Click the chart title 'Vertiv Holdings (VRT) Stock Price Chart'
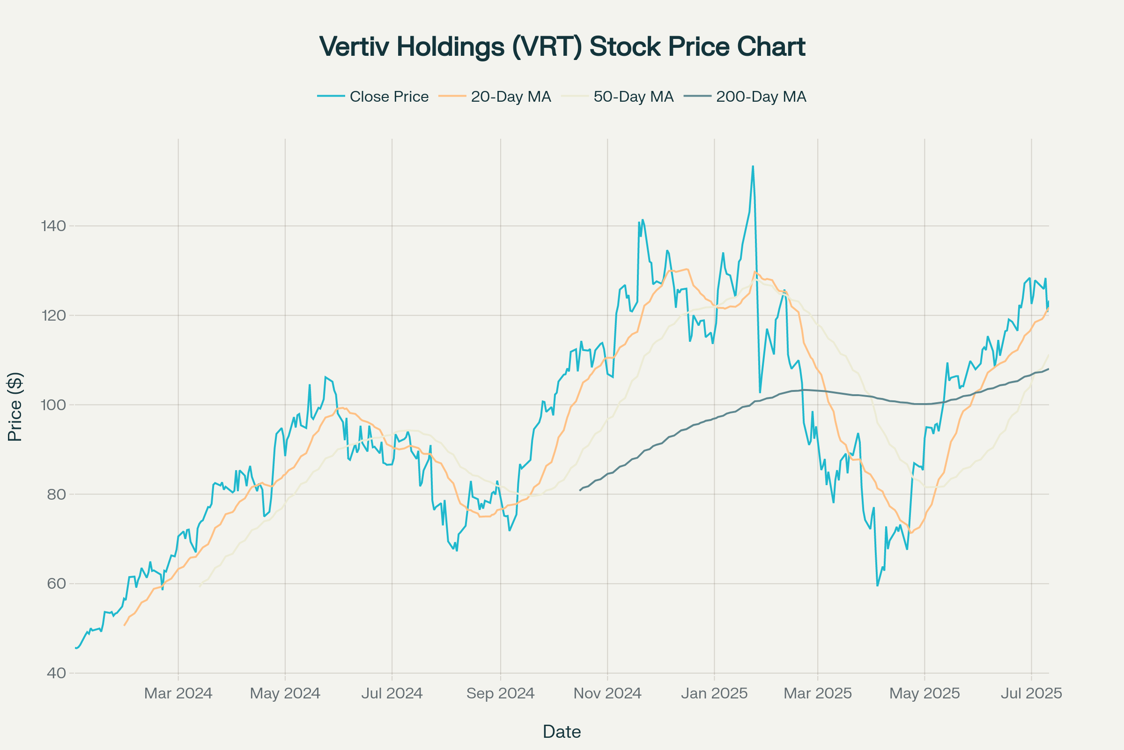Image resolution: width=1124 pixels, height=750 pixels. [x=562, y=47]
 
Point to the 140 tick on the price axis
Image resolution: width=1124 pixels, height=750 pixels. [x=53, y=226]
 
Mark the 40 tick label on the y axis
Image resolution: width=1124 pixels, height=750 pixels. [x=56, y=673]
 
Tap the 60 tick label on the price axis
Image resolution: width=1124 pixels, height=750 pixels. [x=56, y=584]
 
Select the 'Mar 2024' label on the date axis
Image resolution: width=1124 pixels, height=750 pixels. [x=178, y=694]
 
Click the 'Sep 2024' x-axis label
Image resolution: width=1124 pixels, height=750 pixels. [x=500, y=694]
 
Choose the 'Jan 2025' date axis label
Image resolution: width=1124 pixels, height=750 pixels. [x=714, y=694]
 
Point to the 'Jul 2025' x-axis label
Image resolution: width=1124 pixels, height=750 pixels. [x=1031, y=694]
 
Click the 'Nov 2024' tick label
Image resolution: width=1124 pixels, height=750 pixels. [x=607, y=694]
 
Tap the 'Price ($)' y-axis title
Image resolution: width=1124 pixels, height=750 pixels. [x=15, y=406]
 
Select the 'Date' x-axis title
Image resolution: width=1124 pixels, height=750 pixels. [x=562, y=732]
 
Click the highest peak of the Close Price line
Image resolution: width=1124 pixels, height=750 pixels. [x=753, y=166]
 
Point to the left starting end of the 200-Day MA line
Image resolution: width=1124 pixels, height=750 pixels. [x=580, y=490]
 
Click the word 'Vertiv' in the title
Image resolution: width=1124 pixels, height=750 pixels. [x=354, y=47]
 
